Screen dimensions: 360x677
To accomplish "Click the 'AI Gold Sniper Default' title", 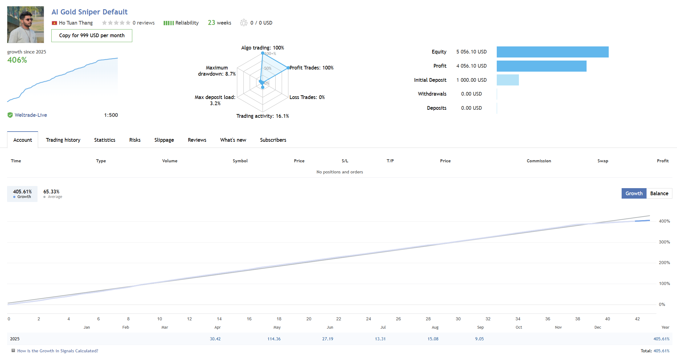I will [x=89, y=12].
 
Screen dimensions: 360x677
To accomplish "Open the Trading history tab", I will [x=63, y=140].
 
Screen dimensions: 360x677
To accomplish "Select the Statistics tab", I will [x=105, y=140].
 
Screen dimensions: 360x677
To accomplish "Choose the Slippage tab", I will [x=164, y=140].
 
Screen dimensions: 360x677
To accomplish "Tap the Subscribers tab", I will [x=273, y=140].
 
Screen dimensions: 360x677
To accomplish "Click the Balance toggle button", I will [x=659, y=193].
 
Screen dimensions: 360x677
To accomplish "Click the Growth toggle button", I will [x=634, y=193].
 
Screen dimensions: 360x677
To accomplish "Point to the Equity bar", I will [x=552, y=52].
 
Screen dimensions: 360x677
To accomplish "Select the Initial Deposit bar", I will [x=508, y=80].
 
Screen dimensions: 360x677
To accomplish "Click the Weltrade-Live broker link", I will [x=31, y=115].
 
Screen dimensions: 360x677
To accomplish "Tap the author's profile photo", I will [x=26, y=25].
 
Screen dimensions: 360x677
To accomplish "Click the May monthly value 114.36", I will [x=274, y=339].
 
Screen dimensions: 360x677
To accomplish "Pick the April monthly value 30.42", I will [x=215, y=339].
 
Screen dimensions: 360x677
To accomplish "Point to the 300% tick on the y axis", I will [x=664, y=242].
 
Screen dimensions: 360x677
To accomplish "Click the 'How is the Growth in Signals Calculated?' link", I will [x=58, y=351].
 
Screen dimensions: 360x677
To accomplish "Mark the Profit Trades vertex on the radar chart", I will [x=288, y=68].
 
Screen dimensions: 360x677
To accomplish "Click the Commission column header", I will [x=539, y=161].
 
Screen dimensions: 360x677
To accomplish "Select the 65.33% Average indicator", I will [x=53, y=194].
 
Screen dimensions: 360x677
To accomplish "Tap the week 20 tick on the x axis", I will [x=309, y=319].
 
